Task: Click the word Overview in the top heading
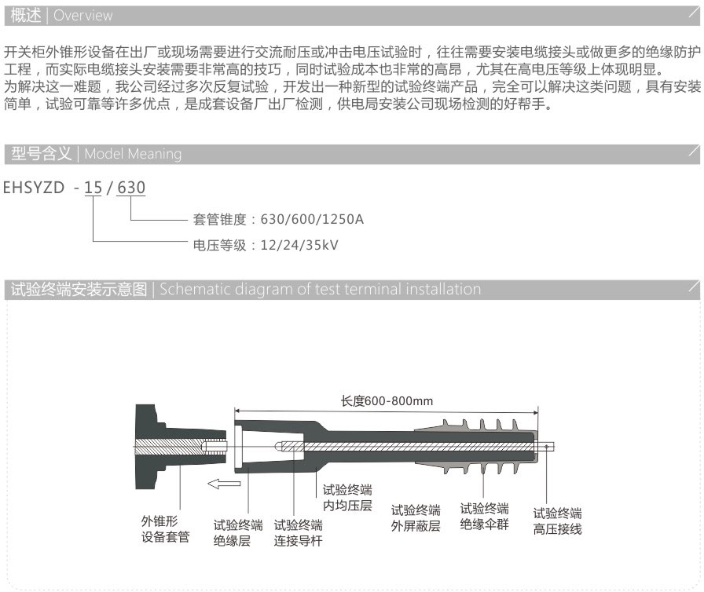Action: coord(83,16)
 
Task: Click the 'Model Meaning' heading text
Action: coord(133,154)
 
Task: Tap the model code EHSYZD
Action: coord(34,188)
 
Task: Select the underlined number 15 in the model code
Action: coord(93,188)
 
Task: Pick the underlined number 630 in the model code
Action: coord(131,188)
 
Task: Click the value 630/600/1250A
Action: coord(312,219)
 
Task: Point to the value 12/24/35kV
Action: coord(299,245)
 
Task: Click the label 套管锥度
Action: coord(219,219)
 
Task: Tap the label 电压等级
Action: coord(219,245)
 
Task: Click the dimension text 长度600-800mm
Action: coord(387,401)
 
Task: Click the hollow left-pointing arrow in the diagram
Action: coord(224,484)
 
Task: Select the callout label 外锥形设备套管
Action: coord(165,528)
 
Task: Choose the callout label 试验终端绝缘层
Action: coord(238,533)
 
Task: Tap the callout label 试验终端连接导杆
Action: coord(298,533)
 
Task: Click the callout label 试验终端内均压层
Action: coord(347,498)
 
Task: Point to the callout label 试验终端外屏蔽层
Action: coord(416,518)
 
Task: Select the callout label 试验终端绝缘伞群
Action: coord(485,516)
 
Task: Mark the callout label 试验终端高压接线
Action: coord(557,521)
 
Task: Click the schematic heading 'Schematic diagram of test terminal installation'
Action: coord(320,289)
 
